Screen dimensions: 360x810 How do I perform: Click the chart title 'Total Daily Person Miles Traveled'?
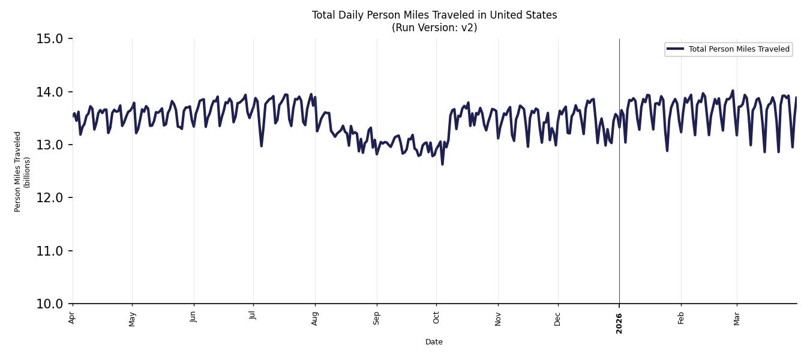click(x=434, y=15)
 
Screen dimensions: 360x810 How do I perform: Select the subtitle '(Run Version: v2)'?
click(x=434, y=28)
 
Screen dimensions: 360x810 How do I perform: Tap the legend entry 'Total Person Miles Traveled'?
click(x=739, y=49)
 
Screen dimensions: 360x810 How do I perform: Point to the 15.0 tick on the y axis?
click(x=50, y=39)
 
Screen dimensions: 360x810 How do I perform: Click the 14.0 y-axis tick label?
click(x=50, y=92)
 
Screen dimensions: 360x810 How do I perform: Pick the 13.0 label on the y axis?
click(x=50, y=145)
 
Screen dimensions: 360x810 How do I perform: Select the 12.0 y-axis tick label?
click(x=50, y=198)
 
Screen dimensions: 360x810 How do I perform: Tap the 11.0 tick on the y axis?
click(x=50, y=251)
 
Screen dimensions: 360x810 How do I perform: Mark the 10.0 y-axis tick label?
click(x=50, y=304)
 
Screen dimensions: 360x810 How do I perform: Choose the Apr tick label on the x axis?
click(x=72, y=317)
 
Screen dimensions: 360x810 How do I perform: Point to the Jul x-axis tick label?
click(x=253, y=317)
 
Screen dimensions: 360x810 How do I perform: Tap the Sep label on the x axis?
click(x=376, y=318)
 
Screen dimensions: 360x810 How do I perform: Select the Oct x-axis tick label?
click(x=436, y=317)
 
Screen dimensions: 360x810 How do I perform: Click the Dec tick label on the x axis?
click(x=557, y=318)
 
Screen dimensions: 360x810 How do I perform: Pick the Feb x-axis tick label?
click(x=681, y=318)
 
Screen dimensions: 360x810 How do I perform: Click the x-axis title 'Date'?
click(x=434, y=342)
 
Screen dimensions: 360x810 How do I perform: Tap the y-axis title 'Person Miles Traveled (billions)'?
click(x=22, y=172)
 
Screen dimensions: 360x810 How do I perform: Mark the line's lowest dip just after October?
click(x=442, y=164)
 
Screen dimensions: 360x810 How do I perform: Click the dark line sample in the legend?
click(x=676, y=49)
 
